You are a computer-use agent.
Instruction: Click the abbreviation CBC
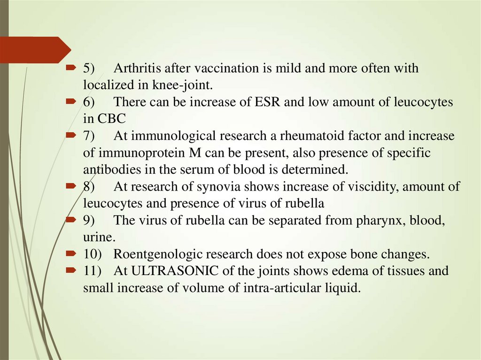[108, 119]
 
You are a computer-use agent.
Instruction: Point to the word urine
[96, 237]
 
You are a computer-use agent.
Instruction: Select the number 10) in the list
[93, 254]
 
